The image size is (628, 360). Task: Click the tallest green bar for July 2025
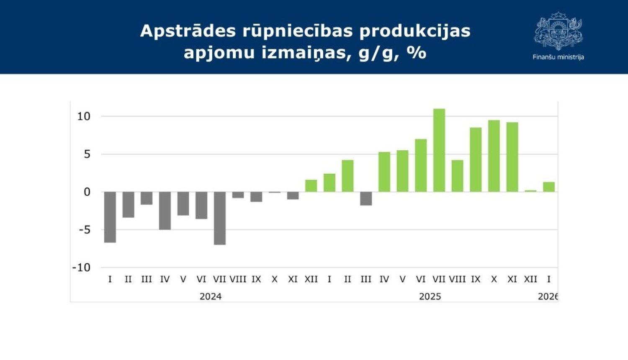[x=439, y=150]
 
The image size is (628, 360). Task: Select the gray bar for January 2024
[x=110, y=217]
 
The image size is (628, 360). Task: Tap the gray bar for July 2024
[x=220, y=218]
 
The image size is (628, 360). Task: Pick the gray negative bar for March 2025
[x=366, y=198]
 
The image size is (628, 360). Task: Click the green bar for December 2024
[x=311, y=186]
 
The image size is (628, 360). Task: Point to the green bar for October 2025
[x=494, y=156]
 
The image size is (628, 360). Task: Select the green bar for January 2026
[x=549, y=187]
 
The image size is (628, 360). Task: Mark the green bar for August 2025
[x=457, y=176]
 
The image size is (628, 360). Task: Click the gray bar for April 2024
[x=165, y=211]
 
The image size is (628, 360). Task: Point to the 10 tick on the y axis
[x=84, y=116]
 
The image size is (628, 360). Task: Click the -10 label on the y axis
[x=81, y=267]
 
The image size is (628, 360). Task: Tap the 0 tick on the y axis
[x=87, y=192]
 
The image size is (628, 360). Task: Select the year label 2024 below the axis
[x=211, y=296]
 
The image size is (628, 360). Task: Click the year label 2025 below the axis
[x=430, y=296]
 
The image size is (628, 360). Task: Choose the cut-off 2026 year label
[x=548, y=296]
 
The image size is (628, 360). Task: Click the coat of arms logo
[x=558, y=31]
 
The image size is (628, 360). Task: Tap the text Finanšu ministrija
[x=558, y=57]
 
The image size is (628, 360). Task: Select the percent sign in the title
[x=417, y=53]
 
